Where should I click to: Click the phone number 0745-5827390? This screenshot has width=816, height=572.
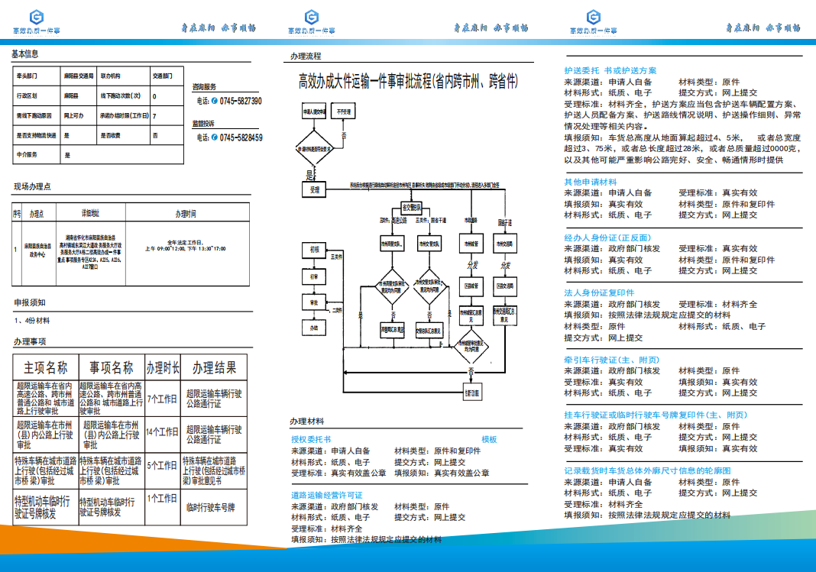point(240,101)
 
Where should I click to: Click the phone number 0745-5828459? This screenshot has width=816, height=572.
point(240,137)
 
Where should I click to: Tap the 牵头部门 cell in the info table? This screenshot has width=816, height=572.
point(28,76)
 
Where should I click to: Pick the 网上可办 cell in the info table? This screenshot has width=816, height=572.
point(73,115)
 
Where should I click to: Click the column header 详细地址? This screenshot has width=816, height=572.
point(90,215)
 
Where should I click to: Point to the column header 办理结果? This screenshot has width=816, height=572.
point(215,367)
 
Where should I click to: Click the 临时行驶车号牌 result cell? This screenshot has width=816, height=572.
point(210,507)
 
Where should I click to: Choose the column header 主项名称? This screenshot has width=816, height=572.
point(46,367)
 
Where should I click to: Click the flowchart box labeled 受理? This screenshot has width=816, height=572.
point(315,189)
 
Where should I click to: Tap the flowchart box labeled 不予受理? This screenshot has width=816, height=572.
point(345,112)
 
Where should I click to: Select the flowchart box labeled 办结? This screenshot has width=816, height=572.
point(313,328)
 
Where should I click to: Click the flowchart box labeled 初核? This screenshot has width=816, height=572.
point(314,250)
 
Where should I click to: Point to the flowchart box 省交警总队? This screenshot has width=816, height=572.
point(411,207)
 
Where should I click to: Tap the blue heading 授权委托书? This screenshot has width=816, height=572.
point(311,439)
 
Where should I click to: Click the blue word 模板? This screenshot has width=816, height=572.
point(489,439)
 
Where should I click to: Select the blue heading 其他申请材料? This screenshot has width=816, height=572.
point(591,182)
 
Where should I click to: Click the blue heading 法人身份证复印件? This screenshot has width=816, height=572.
point(599,292)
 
